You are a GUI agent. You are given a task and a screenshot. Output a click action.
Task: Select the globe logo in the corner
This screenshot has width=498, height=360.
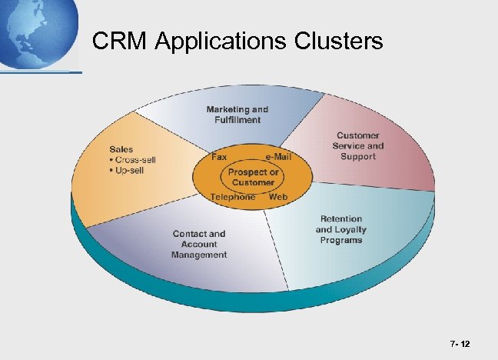[x=38, y=33]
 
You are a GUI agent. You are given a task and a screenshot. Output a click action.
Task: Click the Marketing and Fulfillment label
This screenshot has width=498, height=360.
[x=237, y=115]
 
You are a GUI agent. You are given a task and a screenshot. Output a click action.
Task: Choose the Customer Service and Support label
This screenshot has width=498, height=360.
[x=357, y=146]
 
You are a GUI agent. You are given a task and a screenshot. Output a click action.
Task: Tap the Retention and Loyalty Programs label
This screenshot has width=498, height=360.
[x=340, y=229]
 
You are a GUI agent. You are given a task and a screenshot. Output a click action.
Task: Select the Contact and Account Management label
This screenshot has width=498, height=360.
[x=199, y=244]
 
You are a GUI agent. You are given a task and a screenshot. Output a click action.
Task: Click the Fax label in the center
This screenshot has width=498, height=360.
[x=219, y=157]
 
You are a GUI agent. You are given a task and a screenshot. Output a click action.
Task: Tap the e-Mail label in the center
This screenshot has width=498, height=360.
[x=277, y=157]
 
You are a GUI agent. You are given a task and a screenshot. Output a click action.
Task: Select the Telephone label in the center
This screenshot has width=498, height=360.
[x=232, y=197]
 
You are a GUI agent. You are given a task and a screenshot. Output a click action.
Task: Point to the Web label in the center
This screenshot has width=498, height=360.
[x=278, y=197]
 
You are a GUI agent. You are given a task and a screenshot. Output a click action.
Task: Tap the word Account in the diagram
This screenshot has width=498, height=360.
[x=199, y=244]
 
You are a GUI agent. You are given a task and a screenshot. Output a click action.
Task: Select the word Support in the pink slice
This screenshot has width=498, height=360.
[x=357, y=157]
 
